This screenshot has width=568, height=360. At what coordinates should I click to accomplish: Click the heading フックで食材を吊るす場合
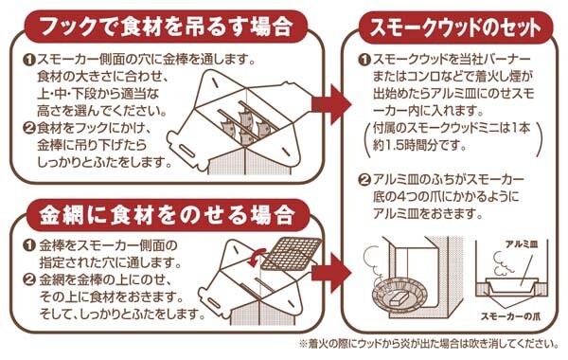[166, 26]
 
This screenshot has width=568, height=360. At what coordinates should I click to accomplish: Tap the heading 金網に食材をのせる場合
[166, 215]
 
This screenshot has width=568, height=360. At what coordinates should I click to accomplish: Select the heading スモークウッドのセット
[455, 27]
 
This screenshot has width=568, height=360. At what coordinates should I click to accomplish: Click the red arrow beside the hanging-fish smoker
[331, 105]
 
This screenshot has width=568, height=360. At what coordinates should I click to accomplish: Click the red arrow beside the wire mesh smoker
[331, 273]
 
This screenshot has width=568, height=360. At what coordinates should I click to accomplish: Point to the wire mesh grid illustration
[292, 254]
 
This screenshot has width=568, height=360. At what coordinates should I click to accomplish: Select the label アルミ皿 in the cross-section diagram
[522, 244]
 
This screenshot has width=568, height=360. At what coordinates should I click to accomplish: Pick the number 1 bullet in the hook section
[29, 60]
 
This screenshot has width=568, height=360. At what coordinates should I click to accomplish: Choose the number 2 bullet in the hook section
[29, 128]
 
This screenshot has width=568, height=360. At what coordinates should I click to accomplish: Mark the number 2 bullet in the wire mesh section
[29, 279]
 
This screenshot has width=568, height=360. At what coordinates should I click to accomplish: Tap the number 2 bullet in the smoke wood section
[364, 180]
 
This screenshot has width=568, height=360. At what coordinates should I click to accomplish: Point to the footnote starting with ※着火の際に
[429, 343]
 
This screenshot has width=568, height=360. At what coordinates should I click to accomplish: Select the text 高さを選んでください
[102, 110]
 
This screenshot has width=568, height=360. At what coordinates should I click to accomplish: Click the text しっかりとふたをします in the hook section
[105, 162]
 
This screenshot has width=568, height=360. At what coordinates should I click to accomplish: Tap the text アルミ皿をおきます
[428, 214]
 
